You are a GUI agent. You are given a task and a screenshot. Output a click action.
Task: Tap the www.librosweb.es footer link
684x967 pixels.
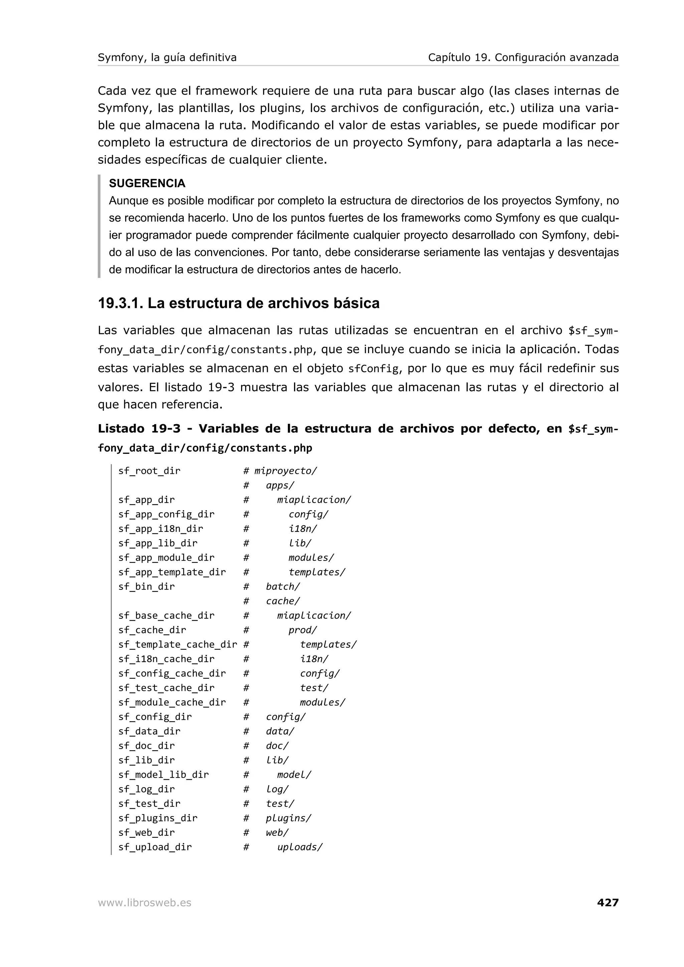pyautogui.click(x=144, y=903)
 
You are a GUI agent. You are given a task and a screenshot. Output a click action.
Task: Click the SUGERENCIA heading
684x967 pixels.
pyautogui.click(x=147, y=183)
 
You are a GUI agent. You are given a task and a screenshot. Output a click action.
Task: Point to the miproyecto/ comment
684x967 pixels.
pyautogui.click(x=285, y=471)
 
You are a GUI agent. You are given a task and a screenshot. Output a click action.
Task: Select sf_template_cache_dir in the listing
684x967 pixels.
pyautogui.click(x=177, y=644)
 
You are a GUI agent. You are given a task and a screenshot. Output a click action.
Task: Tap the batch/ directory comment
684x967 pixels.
pyautogui.click(x=283, y=587)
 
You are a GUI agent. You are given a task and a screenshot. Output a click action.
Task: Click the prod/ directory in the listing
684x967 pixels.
pyautogui.click(x=303, y=630)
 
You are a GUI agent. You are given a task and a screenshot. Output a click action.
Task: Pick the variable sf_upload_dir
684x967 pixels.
pyautogui.click(x=155, y=847)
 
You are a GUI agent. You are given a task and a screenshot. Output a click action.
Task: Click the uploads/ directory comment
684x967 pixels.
pyautogui.click(x=300, y=847)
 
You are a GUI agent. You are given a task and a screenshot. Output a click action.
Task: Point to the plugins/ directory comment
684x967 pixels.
pyautogui.click(x=288, y=818)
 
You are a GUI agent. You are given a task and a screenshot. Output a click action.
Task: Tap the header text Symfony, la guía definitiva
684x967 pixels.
pyautogui.click(x=167, y=57)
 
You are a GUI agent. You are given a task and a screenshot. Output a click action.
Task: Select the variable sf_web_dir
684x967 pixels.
pyautogui.click(x=146, y=833)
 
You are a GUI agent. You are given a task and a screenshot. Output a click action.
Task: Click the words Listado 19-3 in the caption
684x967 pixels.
pyautogui.click(x=139, y=429)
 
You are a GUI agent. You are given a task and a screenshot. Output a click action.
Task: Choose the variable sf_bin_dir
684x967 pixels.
pyautogui.click(x=146, y=587)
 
